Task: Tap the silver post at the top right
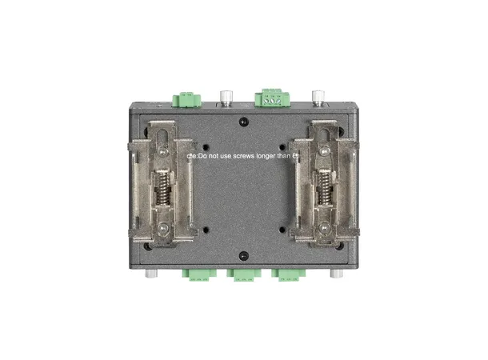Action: point(320,99)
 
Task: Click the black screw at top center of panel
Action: point(244,122)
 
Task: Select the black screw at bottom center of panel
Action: point(243,257)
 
